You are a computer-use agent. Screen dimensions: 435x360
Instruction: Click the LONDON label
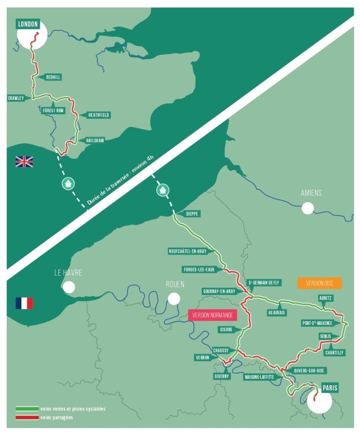coord(28,24)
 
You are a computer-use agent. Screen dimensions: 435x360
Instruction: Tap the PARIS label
coord(330,388)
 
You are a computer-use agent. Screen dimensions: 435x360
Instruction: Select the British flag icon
coord(24,161)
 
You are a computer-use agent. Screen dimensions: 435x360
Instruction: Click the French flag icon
coord(24,303)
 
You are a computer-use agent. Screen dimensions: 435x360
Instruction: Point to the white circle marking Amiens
coord(308,208)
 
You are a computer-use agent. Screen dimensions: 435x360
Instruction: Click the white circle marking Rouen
coord(173,298)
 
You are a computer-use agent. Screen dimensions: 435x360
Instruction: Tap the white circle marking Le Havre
coord(69,287)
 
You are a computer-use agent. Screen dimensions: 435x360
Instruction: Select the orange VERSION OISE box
coord(320,283)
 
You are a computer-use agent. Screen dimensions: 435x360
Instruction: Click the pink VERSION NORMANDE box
coord(209,314)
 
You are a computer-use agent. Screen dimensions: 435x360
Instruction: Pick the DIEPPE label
coord(193,213)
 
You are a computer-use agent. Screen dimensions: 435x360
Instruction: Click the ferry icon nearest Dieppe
coord(163,189)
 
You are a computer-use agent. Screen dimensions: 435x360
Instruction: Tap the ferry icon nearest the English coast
coord(68,184)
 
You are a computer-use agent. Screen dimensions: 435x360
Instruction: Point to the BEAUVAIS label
coord(278,313)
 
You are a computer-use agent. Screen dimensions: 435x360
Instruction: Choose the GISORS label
coord(226,329)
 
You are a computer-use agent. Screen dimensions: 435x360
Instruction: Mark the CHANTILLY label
coord(334,352)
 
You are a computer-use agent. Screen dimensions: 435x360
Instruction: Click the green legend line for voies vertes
coord(27,409)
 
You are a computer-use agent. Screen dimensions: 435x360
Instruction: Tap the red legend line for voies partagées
coord(27,417)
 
